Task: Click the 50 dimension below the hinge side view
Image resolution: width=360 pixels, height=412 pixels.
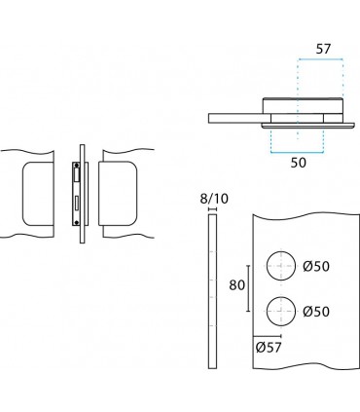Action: (x=298, y=162)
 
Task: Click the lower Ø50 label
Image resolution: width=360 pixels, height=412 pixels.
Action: (x=317, y=312)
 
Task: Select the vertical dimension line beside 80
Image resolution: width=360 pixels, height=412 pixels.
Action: (x=250, y=287)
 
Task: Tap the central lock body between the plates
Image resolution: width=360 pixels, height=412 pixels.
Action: (x=78, y=194)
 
